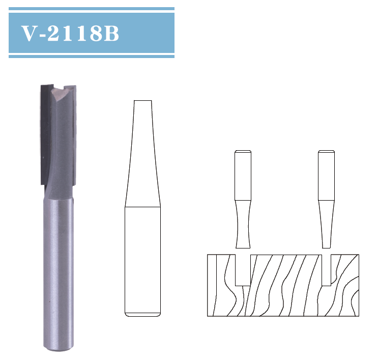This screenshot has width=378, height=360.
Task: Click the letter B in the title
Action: [112, 33]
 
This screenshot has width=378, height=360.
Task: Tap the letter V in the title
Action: [28, 33]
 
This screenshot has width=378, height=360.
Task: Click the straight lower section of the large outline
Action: [142, 260]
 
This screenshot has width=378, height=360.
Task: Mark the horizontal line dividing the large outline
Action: [142, 207]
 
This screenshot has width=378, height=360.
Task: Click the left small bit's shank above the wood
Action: [242, 176]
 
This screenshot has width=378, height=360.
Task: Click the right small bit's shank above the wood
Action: [326, 176]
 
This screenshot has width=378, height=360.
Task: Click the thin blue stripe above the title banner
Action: [92, 9]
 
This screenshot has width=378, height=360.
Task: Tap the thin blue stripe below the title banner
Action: [92, 56]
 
